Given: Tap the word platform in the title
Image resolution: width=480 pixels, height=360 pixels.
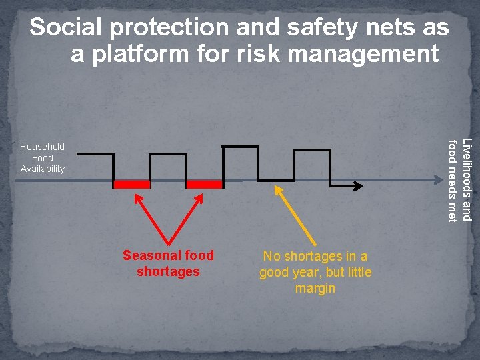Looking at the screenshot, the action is point(139,54).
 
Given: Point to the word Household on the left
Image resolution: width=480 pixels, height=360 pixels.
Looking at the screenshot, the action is point(42,147).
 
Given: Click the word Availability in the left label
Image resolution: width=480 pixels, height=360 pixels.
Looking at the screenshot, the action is point(42,169).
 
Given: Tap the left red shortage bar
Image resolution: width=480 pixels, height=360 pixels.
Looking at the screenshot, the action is point(131,184).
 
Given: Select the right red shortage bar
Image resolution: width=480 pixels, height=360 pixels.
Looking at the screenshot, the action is point(204,184).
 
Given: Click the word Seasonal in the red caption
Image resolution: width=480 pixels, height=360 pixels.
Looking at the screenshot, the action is point(147,255).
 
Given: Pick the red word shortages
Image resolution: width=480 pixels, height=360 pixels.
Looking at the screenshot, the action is point(168,271).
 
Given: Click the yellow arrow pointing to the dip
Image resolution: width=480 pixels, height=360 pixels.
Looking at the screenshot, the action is point(297,217).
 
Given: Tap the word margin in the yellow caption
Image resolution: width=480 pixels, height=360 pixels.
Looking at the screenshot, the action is point(315,289).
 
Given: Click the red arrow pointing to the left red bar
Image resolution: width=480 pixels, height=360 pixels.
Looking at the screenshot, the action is point(153,217).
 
